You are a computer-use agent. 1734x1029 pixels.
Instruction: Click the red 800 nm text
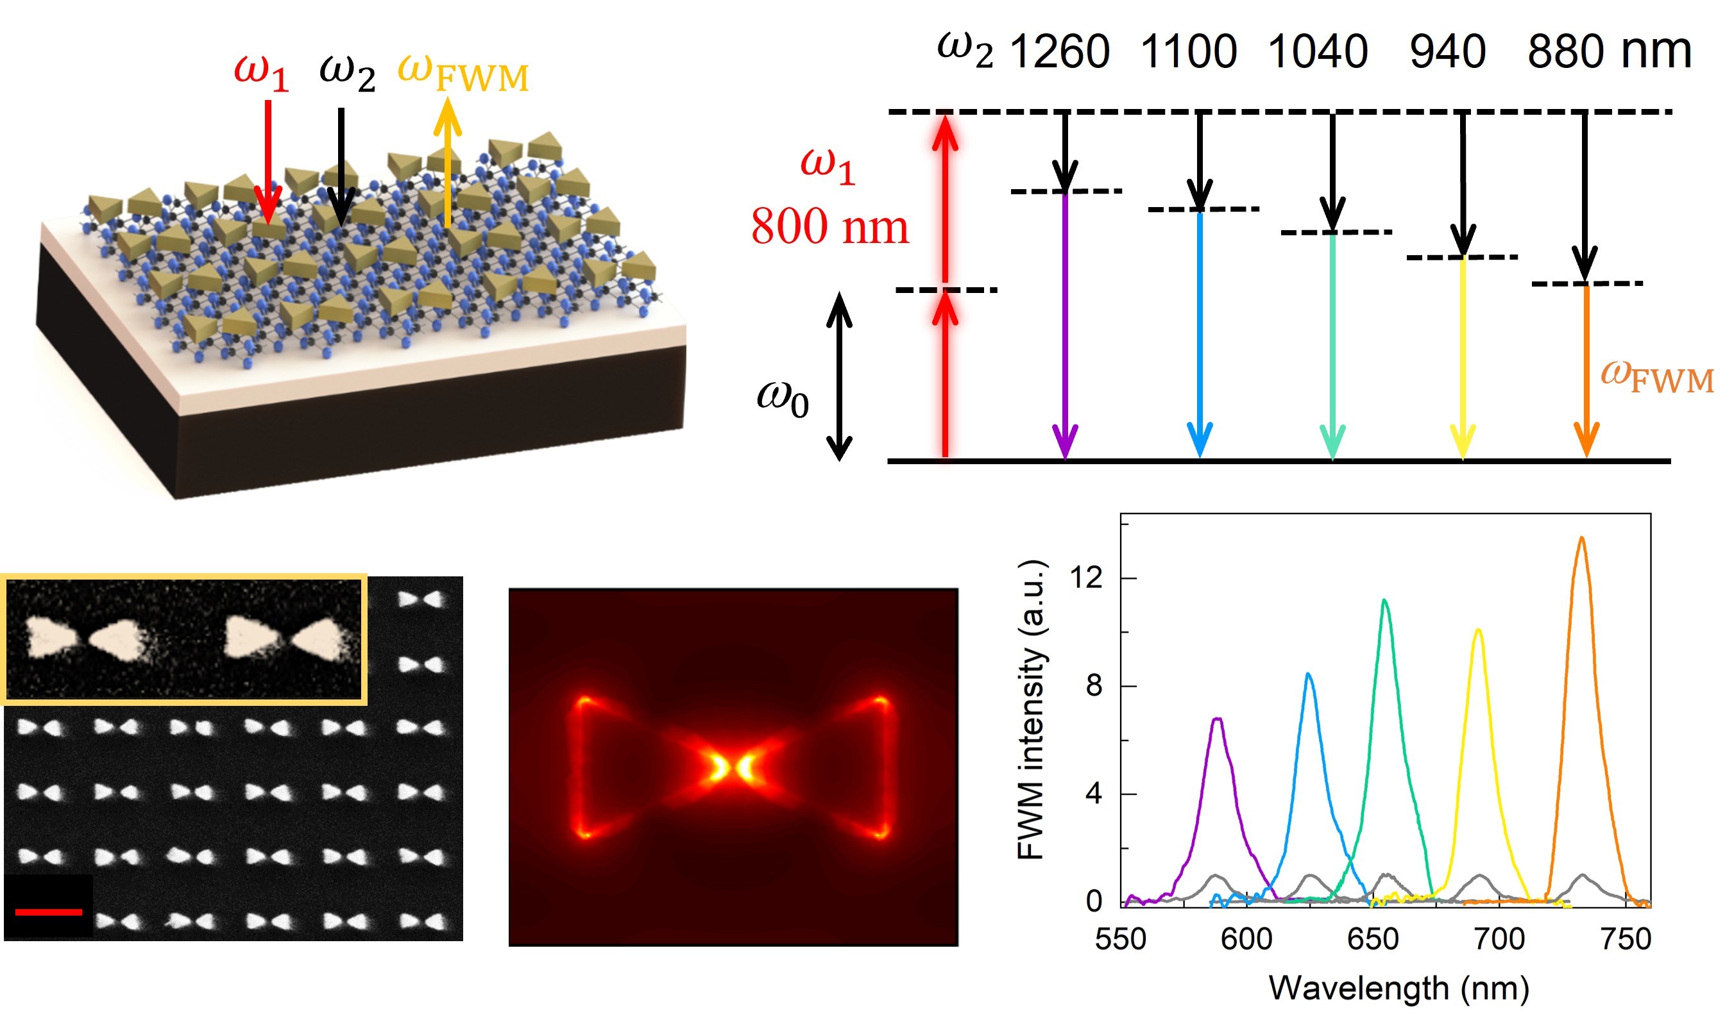point(829,227)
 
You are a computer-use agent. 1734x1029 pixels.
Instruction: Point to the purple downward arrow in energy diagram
point(1065,326)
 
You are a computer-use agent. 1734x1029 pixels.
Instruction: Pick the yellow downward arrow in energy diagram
point(1463,357)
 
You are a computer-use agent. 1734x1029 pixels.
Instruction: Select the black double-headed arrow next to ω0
point(839,376)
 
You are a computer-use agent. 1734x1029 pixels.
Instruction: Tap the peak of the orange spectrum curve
point(1581,538)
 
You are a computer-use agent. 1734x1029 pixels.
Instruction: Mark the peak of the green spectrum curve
point(1384,601)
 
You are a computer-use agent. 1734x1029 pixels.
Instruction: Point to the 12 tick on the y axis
point(1086,577)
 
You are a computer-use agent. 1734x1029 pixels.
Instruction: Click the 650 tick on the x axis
point(1373,939)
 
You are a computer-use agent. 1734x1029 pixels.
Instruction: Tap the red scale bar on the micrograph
point(49,912)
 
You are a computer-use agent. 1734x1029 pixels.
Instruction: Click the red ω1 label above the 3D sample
point(261,73)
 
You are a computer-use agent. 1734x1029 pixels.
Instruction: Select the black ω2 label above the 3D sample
point(347,73)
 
